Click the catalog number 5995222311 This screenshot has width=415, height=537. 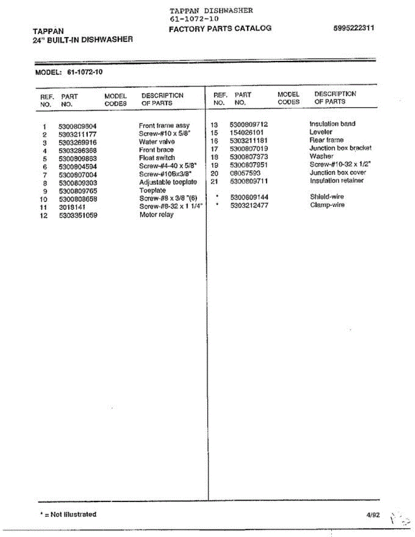pyautogui.click(x=354, y=28)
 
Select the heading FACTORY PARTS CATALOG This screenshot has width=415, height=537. pyautogui.click(x=220, y=28)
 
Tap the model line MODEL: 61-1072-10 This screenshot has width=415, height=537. pyautogui.click(x=68, y=71)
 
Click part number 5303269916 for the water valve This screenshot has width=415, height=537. pyautogui.click(x=77, y=142)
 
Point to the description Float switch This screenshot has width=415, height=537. pyautogui.click(x=157, y=158)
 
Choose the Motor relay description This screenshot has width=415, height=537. pyautogui.click(x=156, y=215)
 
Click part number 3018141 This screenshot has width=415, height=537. pyautogui.click(x=72, y=207)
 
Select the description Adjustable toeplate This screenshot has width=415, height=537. pyautogui.click(x=168, y=183)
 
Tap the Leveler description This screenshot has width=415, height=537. pyautogui.click(x=321, y=132)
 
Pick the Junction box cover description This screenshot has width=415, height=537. pyautogui.click(x=338, y=173)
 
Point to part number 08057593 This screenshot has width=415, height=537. pyautogui.click(x=245, y=173)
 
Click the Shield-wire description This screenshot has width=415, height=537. pyautogui.click(x=327, y=197)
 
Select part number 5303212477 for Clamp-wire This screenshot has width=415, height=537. pyautogui.click(x=249, y=205)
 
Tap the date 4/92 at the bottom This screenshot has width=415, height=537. pyautogui.click(x=372, y=515)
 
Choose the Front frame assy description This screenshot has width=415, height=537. pyautogui.click(x=164, y=126)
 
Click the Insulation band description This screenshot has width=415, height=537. pyautogui.click(x=332, y=124)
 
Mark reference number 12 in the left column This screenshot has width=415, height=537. pyautogui.click(x=44, y=216)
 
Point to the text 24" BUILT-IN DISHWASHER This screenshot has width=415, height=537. pyautogui.click(x=83, y=39)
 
